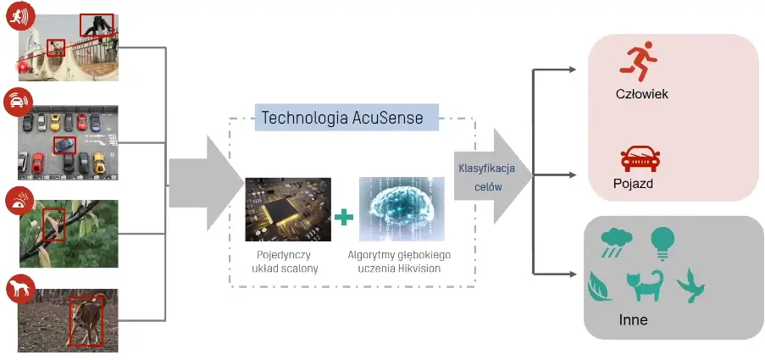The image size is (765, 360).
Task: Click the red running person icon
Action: tap(639, 61)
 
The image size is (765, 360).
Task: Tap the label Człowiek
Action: tap(642, 94)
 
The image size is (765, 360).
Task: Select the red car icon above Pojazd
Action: tap(640, 159)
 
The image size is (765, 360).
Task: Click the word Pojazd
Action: tap(633, 184)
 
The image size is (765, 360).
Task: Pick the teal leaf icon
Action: tap(600, 287)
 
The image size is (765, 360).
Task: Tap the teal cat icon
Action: tap(645, 285)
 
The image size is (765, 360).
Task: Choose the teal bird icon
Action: tap(690, 285)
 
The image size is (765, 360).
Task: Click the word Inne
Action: tap(634, 320)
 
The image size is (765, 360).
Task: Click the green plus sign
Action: tap(344, 217)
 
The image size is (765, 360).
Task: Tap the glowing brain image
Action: tap(402, 209)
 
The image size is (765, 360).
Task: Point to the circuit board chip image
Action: tap(288, 209)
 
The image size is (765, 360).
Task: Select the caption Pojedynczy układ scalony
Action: tap(285, 262)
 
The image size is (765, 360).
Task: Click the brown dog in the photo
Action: tap(86, 320)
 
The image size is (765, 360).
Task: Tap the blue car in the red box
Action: tap(64, 144)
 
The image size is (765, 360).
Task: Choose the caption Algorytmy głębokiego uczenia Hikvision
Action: tap(399, 262)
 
